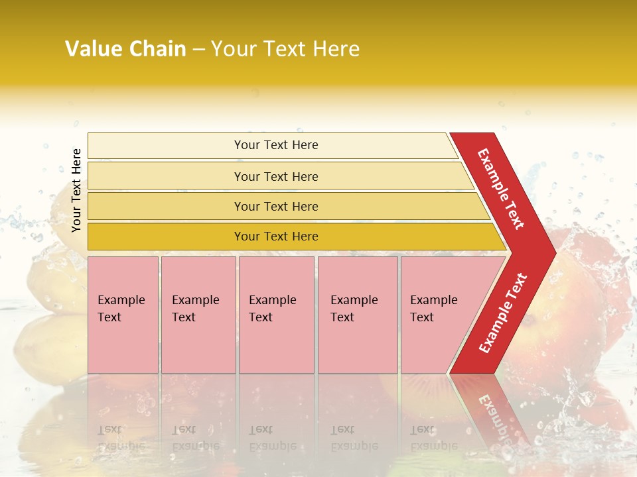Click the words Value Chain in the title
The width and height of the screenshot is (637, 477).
click(x=125, y=49)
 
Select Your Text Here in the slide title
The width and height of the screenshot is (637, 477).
click(x=285, y=49)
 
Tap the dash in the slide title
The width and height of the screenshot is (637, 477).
click(x=198, y=50)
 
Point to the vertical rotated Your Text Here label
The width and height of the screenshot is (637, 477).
click(x=76, y=190)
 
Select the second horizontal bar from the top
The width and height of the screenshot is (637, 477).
click(x=279, y=176)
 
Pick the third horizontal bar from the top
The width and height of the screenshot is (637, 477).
click(x=285, y=207)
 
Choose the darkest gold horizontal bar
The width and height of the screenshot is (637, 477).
click(x=292, y=237)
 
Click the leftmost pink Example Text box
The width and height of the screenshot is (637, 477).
click(x=123, y=315)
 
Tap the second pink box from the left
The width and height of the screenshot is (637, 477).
click(x=198, y=315)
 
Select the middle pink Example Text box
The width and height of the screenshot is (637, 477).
click(x=276, y=315)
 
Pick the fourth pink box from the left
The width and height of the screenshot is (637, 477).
click(x=358, y=315)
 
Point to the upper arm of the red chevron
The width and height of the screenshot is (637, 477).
click(x=501, y=189)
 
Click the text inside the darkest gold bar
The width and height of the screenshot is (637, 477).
click(x=276, y=237)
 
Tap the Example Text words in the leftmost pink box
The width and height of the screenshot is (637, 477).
click(x=121, y=309)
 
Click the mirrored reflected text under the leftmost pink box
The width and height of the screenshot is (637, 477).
click(x=121, y=438)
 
